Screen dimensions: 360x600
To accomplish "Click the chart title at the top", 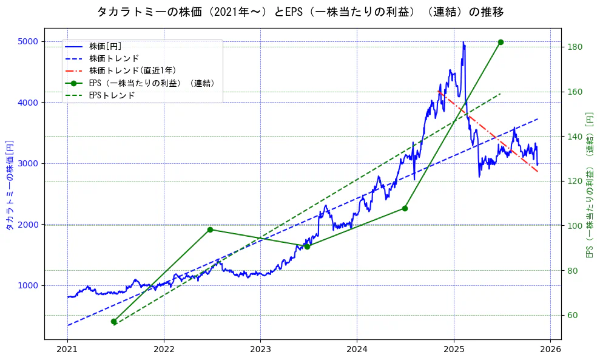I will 300,12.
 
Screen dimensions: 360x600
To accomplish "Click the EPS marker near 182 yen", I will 501,42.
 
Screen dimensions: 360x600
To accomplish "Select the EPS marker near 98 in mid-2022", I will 210,229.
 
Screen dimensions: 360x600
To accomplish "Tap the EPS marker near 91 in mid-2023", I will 307,246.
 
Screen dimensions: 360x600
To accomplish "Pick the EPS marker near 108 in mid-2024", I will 405,208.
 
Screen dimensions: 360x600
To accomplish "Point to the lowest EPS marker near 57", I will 113,321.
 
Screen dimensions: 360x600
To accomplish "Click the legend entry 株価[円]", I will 106,46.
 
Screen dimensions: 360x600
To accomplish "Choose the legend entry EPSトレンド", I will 112,95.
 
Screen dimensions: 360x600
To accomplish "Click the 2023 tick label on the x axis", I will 260,350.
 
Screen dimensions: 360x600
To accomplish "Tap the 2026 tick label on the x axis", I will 550,350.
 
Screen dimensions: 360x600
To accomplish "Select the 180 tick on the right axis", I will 575,47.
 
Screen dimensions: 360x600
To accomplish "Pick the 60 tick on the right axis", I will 573,315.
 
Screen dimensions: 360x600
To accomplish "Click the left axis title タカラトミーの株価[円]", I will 10,185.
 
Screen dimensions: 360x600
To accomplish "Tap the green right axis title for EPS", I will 589,185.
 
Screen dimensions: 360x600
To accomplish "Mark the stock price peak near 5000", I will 463,42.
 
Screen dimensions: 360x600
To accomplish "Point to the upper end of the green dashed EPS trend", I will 501,93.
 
